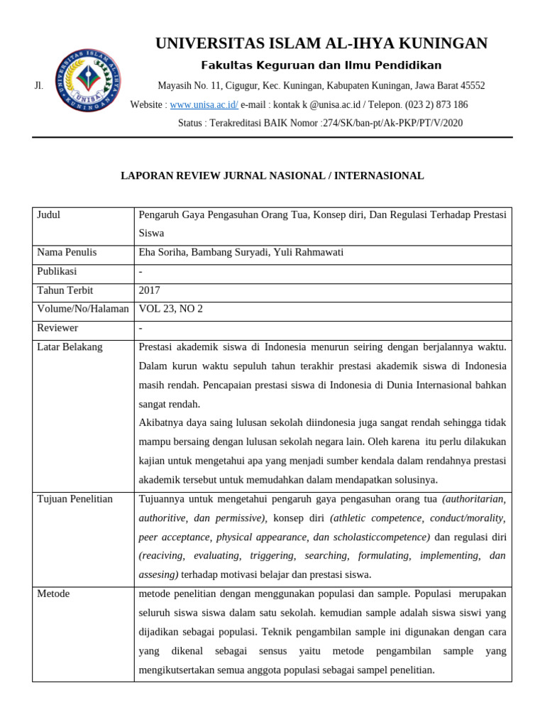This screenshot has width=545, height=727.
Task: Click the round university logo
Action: coord(87,80)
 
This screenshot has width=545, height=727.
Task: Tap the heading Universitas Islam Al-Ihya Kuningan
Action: coord(321,43)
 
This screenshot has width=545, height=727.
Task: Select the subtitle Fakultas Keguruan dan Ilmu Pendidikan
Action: coord(321,65)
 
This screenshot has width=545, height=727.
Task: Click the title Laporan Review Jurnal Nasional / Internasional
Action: coord(272,175)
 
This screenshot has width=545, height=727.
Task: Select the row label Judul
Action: coord(50,214)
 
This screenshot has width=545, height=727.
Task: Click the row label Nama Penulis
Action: coord(67,252)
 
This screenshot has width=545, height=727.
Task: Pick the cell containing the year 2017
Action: coord(150,290)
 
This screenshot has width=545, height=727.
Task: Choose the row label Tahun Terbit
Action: coord(65,290)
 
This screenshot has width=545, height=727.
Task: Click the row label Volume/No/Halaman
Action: coord(82,309)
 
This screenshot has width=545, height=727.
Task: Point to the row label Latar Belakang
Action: coord(70,346)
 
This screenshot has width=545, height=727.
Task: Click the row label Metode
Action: coord(53,593)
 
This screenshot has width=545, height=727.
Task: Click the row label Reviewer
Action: coord(57,328)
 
